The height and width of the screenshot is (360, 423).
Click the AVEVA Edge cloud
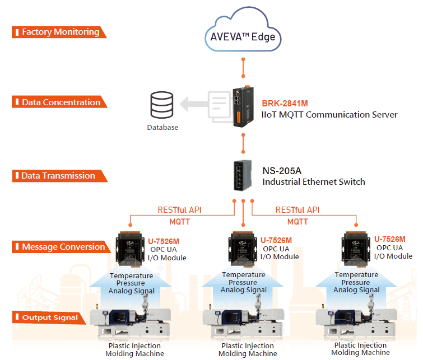click(x=243, y=35)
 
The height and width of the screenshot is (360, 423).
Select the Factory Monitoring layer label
click(x=59, y=32)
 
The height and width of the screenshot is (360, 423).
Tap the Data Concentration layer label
click(x=60, y=102)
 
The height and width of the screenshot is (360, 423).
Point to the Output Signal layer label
click(x=49, y=318)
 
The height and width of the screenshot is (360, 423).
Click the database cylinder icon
click(x=162, y=106)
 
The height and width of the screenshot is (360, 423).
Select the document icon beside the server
click(x=218, y=105)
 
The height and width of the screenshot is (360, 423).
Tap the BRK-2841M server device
click(x=245, y=104)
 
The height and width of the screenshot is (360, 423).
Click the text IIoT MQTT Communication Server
click(x=329, y=114)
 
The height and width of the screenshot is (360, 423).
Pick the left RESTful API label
click(x=179, y=210)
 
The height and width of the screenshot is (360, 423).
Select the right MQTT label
click(x=298, y=221)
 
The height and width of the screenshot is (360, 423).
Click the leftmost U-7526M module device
click(x=130, y=249)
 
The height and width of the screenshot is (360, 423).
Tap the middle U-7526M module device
click(x=243, y=249)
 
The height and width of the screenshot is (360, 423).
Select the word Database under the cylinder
click(x=162, y=127)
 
